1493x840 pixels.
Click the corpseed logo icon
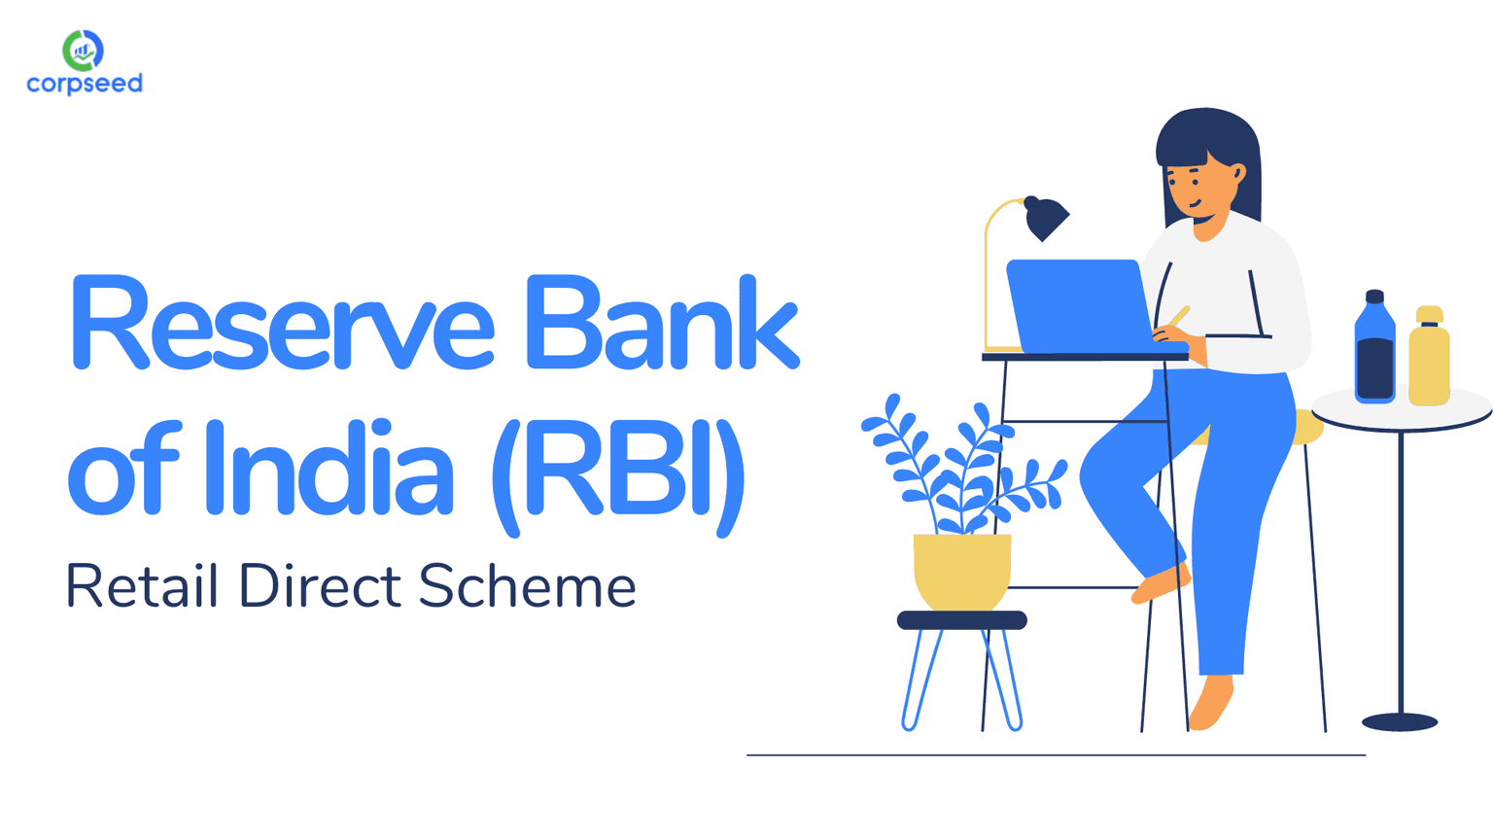[x=83, y=50]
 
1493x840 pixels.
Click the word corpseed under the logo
[x=85, y=85]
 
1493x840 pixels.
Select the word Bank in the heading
[x=662, y=324]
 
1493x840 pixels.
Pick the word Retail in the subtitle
[x=141, y=586]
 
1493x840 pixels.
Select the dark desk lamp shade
[x=1047, y=220]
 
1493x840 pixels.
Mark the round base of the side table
[x=1400, y=721]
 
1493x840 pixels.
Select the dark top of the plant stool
[x=961, y=620]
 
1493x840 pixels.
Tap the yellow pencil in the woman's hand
[x=1179, y=316]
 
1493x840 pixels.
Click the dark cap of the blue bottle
[x=1374, y=297]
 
